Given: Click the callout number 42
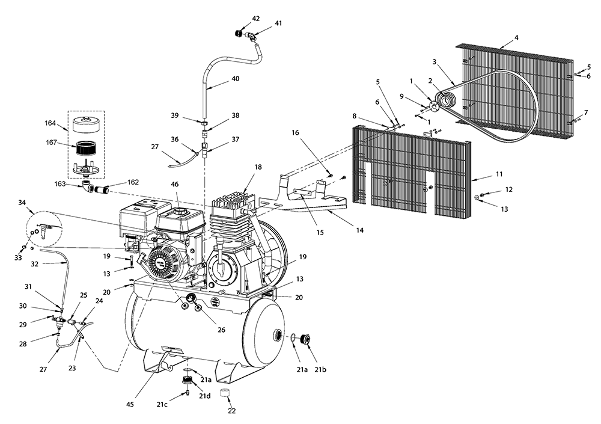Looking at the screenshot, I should click(256, 19).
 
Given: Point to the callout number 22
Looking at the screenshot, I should click(231, 411).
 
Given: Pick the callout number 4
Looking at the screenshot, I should click(517, 38).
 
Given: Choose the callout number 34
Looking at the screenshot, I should click(23, 203).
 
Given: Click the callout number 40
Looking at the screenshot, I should click(236, 79).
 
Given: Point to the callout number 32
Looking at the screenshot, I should click(35, 263).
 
